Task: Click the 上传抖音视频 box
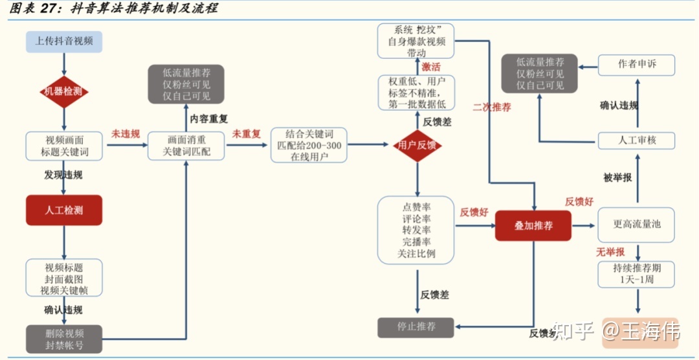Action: click(x=64, y=41)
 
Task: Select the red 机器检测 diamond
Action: click(x=63, y=92)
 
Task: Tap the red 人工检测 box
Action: click(x=64, y=210)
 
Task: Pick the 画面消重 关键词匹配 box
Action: click(x=186, y=146)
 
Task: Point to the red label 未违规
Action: click(x=126, y=134)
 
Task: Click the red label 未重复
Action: click(x=247, y=134)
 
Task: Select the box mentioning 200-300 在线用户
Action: click(x=309, y=145)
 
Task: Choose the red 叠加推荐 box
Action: click(x=533, y=225)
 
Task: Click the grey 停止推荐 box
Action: click(x=416, y=327)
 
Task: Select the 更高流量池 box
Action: click(x=636, y=225)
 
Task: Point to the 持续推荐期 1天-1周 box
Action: click(x=636, y=275)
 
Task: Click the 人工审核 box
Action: click(x=636, y=141)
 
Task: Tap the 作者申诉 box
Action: click(x=636, y=64)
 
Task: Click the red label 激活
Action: click(x=431, y=67)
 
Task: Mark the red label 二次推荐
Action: click(x=492, y=107)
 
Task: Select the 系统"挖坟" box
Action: click(x=416, y=41)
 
